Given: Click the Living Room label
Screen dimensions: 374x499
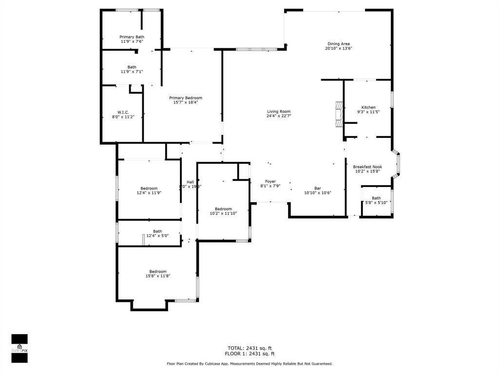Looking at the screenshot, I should click(278, 112).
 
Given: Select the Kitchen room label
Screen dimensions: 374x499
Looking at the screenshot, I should click(368, 107).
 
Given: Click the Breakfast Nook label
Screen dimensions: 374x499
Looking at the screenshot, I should click(367, 167).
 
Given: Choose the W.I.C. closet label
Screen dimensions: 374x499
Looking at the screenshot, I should click(123, 112).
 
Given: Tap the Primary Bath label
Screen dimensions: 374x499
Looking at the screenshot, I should click(132, 37).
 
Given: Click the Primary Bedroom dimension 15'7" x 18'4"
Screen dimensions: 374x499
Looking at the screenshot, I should click(185, 103).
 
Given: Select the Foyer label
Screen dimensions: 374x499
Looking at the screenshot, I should click(270, 181).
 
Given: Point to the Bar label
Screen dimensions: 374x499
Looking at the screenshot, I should click(317, 188).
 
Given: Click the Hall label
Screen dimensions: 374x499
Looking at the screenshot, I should click(190, 182).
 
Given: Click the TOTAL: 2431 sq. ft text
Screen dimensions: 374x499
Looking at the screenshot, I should click(249, 348).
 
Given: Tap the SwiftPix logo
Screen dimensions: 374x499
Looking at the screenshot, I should click(19, 348).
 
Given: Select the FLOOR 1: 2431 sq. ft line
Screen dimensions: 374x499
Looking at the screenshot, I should click(249, 354).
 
